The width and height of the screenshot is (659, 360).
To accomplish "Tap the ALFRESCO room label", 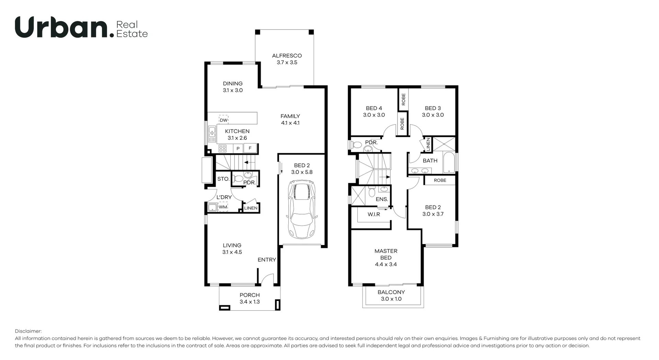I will (x=287, y=59).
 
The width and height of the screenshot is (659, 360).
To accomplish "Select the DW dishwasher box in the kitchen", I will (x=223, y=120).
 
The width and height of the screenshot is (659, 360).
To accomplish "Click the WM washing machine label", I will (x=223, y=207).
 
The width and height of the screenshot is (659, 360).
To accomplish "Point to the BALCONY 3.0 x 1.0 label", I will (x=391, y=295).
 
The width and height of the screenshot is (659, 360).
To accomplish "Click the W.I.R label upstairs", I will (x=374, y=214).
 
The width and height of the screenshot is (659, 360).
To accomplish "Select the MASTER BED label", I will (x=386, y=257).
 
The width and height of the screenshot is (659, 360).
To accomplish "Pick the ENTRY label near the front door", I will (x=267, y=260).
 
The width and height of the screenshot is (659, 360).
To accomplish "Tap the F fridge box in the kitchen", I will (x=250, y=148).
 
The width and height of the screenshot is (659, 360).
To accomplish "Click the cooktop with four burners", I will (x=222, y=148).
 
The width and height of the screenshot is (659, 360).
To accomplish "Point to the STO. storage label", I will (x=223, y=179).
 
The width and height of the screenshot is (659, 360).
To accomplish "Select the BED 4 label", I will (x=374, y=112).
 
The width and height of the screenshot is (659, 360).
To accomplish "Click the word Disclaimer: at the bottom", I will (x=28, y=331).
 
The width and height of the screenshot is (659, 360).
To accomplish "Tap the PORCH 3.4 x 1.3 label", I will (x=250, y=298).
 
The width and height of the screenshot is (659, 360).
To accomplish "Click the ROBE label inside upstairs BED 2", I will (x=440, y=180).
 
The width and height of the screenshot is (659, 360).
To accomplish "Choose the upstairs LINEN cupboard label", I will (x=428, y=144).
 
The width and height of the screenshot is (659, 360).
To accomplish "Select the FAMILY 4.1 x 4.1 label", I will (x=290, y=119).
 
